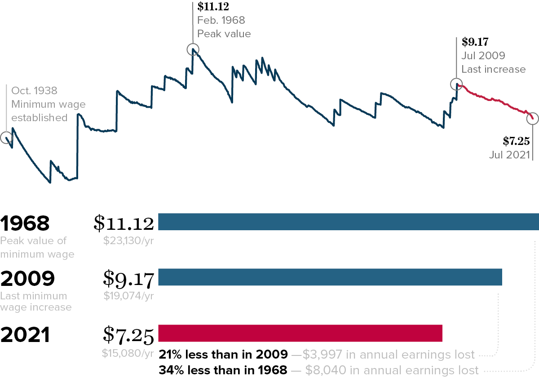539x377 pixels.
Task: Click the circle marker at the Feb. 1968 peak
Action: click(193, 49)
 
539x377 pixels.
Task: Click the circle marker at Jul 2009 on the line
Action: click(456, 84)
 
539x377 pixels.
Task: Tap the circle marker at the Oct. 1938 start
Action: click(6, 138)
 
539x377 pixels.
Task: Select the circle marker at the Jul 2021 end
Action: click(532, 118)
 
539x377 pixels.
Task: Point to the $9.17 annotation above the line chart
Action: click(475, 42)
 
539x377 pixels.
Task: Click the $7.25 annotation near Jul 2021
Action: click(517, 141)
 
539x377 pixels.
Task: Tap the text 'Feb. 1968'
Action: click(221, 20)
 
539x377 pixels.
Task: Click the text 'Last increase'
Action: click(493, 69)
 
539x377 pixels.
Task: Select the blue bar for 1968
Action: click(348, 222)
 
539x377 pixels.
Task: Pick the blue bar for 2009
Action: click(330, 277)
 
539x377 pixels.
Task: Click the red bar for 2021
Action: click(300, 333)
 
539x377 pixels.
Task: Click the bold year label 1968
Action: click(25, 224)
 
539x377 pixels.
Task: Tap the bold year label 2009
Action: click(27, 279)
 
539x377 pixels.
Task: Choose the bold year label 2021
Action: click(25, 335)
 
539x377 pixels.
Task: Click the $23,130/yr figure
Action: click(128, 240)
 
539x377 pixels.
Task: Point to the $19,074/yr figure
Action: click(129, 296)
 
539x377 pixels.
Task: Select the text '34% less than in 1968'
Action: click(223, 370)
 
